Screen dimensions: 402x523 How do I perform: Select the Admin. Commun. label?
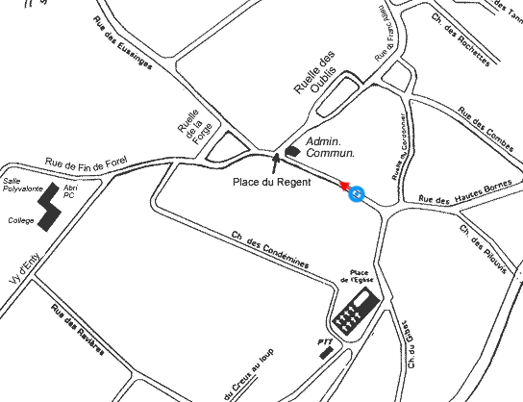coord(330,147)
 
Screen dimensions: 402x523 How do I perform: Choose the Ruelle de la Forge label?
coord(192,122)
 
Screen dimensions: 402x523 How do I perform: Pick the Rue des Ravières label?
coord(77,331)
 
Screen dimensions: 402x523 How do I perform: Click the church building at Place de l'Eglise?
coord(353,312)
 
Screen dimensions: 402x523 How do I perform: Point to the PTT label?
coord(324,341)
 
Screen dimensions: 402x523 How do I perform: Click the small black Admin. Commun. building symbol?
coord(292,152)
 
